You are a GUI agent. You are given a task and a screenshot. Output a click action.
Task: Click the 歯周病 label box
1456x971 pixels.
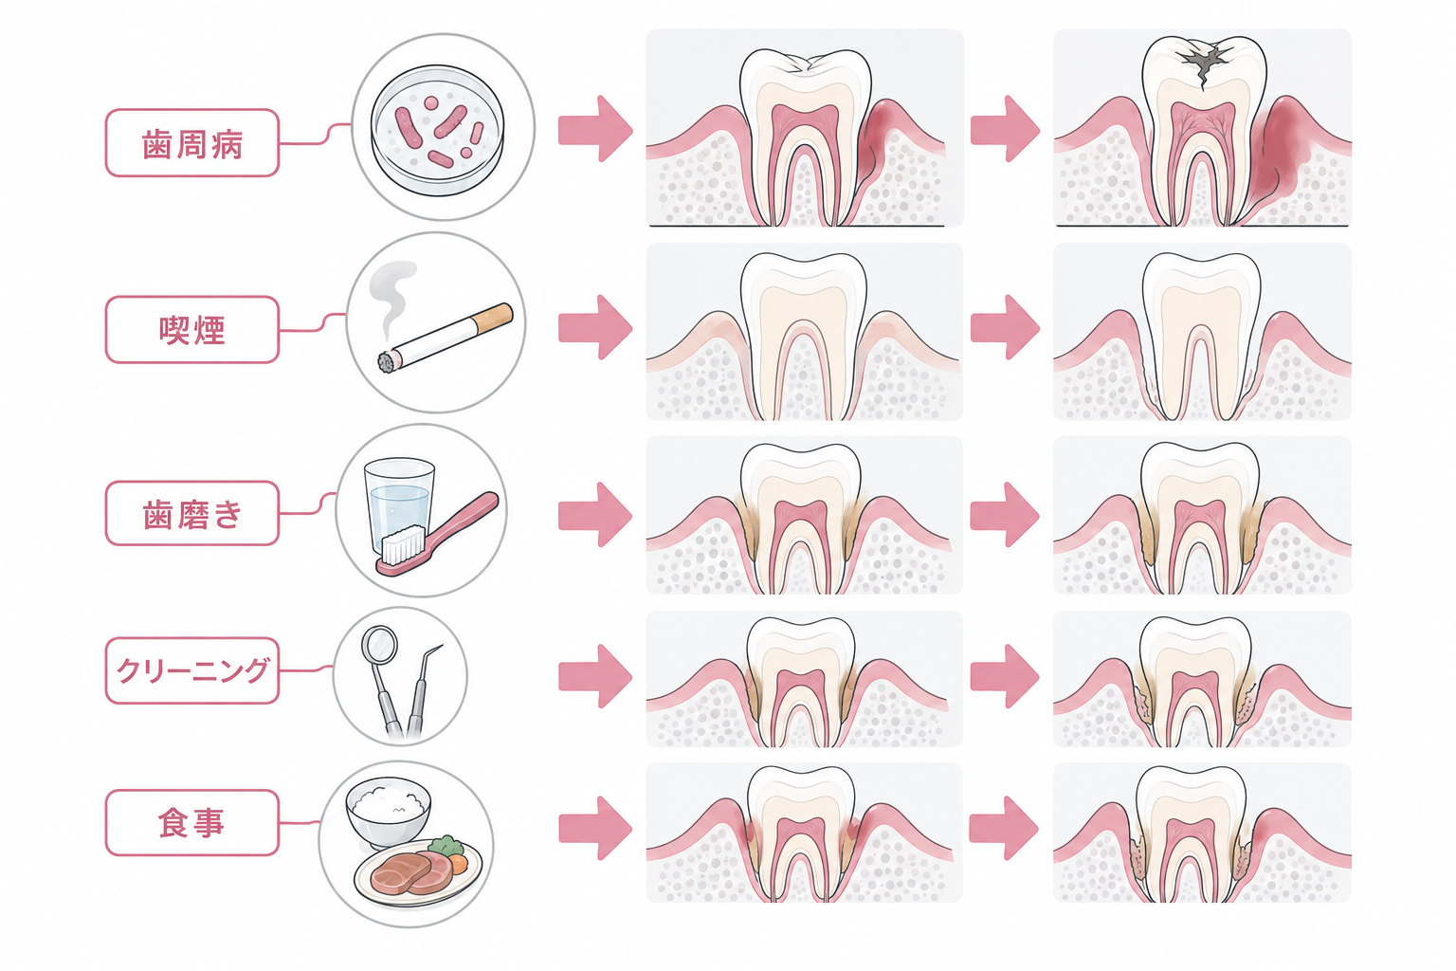click(192, 143)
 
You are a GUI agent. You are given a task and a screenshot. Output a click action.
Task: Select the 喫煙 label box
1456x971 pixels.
click(192, 330)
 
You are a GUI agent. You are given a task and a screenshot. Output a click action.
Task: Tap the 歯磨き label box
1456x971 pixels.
click(192, 514)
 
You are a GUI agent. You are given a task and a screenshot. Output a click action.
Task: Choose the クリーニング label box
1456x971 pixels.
click(192, 670)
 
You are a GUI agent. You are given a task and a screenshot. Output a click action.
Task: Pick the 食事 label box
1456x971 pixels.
click(192, 823)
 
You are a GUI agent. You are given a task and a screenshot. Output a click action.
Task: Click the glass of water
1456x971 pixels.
click(399, 505)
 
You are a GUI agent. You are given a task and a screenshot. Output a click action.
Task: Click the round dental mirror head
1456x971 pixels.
click(379, 644)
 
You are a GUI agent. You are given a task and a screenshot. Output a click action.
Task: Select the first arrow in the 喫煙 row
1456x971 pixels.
click(595, 327)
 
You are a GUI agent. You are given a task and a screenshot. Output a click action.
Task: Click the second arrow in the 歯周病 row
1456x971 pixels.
click(1005, 129)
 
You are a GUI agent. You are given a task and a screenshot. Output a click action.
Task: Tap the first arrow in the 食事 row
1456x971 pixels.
click(595, 828)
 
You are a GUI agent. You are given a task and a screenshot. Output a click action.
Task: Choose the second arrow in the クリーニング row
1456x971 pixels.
click(1005, 676)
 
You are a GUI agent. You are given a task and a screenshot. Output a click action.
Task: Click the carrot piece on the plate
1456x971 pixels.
click(459, 864)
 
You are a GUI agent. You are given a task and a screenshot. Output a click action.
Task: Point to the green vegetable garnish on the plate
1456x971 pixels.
click(446, 846)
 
